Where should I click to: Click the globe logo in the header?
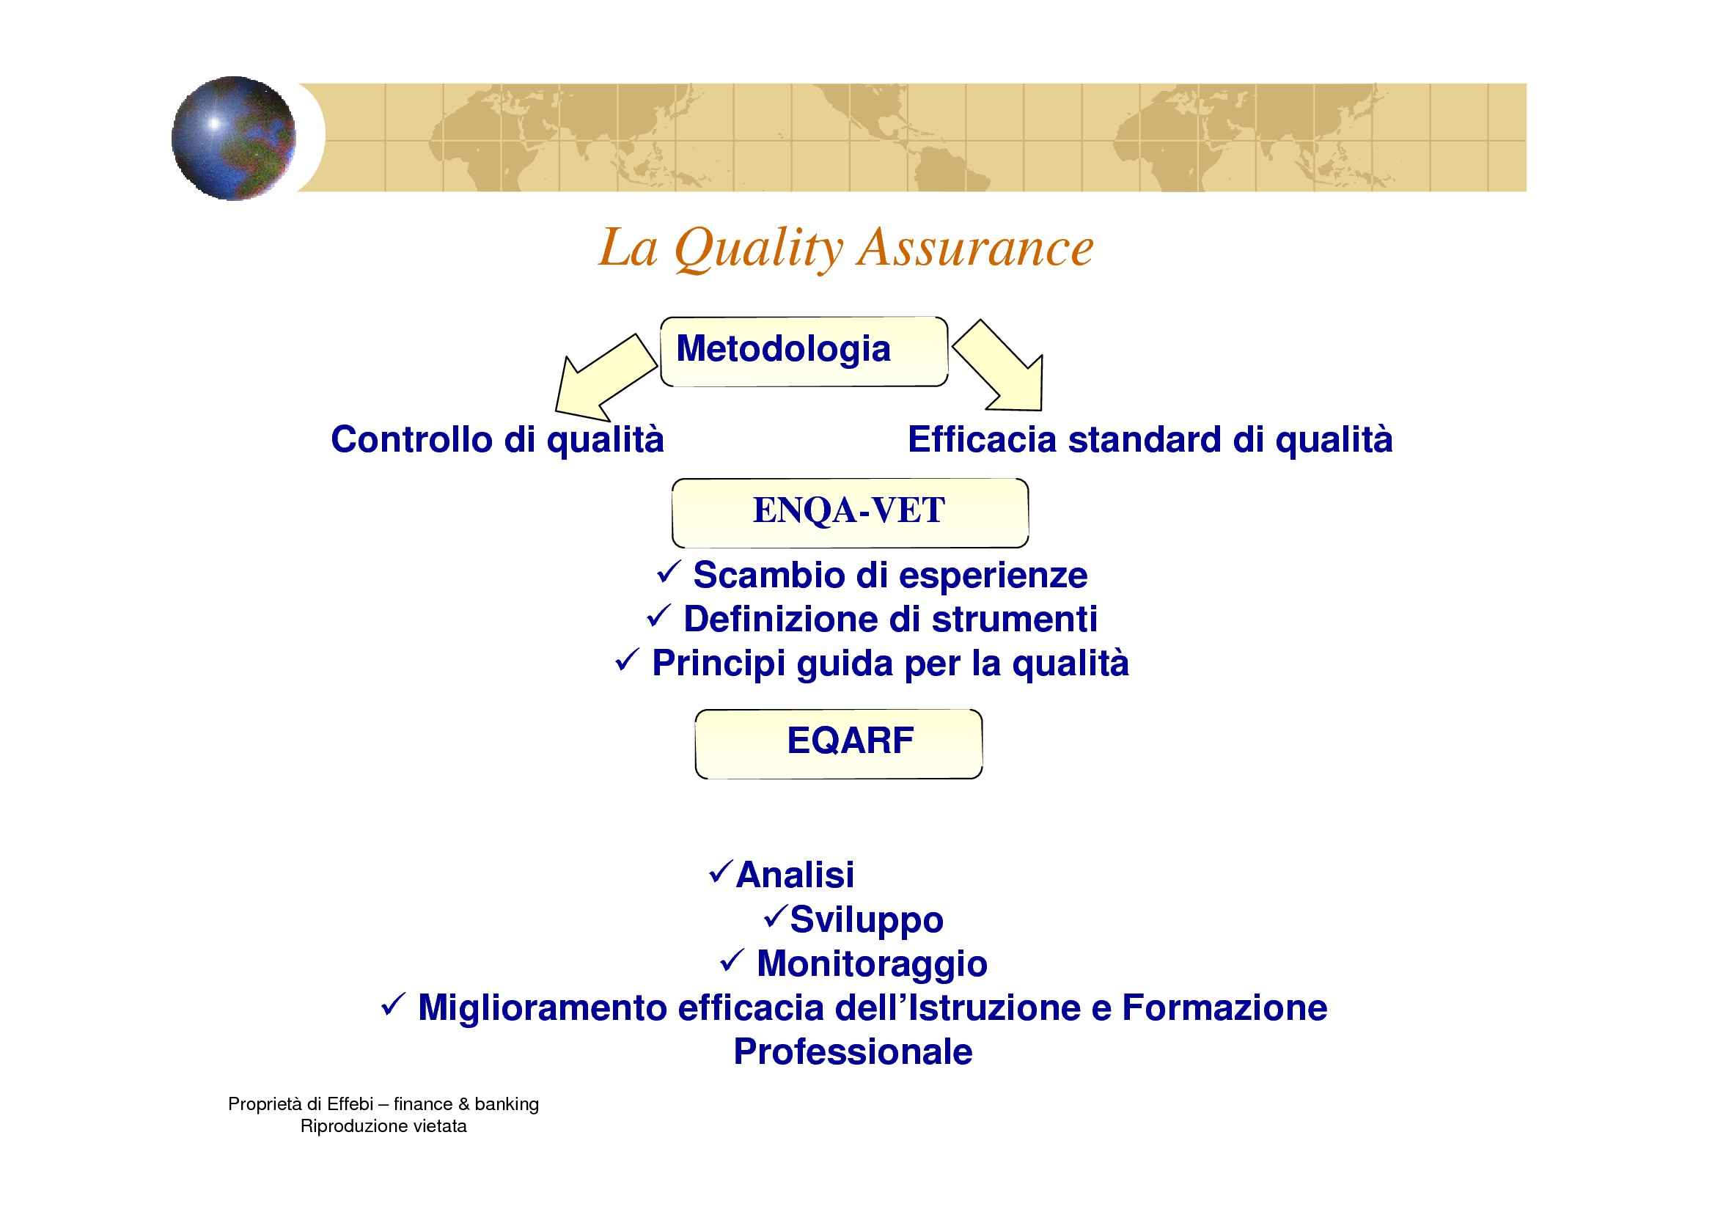(233, 138)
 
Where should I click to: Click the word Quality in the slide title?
(758, 249)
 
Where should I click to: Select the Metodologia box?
(804, 351)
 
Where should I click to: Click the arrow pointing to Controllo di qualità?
(606, 378)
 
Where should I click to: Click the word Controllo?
(412, 439)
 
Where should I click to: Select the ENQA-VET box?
(850, 513)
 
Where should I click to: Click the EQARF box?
(838, 743)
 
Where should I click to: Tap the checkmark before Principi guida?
(625, 661)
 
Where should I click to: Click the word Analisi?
(795, 875)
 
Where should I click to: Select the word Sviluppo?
(867, 920)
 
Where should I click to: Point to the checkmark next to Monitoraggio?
(729, 962)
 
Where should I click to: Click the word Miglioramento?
(543, 1008)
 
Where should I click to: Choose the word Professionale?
(853, 1051)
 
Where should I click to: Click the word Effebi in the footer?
(350, 1103)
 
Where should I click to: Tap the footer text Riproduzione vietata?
(383, 1126)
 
